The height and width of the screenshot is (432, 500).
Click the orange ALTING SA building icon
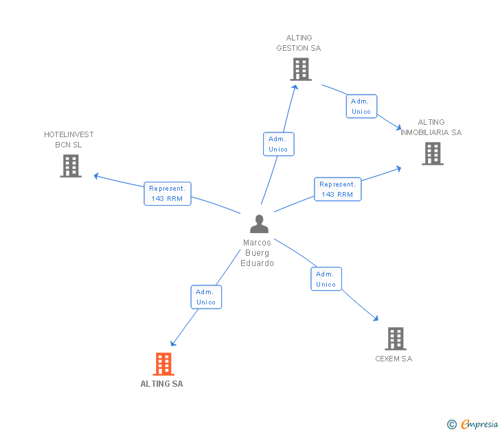[x=163, y=363]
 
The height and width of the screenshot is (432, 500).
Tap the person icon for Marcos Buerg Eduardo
[x=259, y=224]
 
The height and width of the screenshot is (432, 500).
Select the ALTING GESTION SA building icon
[x=300, y=69]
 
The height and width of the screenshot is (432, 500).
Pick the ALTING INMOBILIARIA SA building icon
[x=432, y=154]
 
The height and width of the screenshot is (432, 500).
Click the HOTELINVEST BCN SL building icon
[x=70, y=166]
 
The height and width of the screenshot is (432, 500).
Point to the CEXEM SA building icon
[x=395, y=339]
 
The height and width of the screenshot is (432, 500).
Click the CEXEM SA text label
[x=394, y=359]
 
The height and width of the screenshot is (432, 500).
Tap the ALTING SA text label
[x=161, y=384]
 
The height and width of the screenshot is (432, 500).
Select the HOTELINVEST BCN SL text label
[x=69, y=139]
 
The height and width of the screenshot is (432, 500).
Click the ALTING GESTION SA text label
[x=299, y=43]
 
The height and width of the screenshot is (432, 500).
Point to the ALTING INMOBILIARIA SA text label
[x=431, y=128]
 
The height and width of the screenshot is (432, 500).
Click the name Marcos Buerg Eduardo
[x=258, y=253]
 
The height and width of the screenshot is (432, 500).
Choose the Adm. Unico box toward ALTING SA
[x=206, y=297]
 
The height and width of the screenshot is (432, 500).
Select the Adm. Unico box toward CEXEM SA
[x=326, y=279]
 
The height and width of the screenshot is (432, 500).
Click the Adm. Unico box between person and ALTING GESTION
[x=278, y=144]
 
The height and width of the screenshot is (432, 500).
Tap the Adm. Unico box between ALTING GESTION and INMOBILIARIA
[x=361, y=106]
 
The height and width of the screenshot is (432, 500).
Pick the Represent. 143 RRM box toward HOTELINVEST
[x=168, y=193]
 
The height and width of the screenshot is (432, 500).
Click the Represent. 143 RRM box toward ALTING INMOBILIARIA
[x=337, y=189]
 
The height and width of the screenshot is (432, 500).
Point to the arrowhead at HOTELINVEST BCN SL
[x=96, y=176]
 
